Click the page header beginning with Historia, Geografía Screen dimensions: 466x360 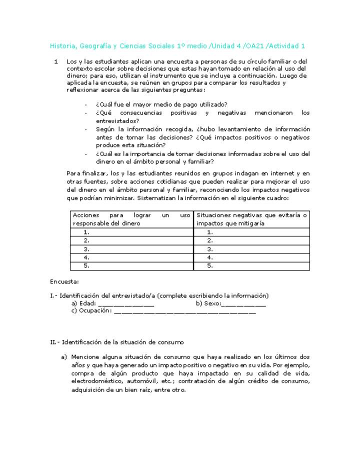coord(177,46)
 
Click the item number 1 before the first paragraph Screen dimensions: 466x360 coord(56,61)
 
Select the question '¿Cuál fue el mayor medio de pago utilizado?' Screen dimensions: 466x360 coord(161,104)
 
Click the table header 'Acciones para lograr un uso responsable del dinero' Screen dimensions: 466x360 coord(131,219)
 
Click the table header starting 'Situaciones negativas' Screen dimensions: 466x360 coord(252,219)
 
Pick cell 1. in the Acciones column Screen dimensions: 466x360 coord(87,232)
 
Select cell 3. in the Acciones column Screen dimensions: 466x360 coord(87,249)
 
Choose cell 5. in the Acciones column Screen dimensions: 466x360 coord(87,266)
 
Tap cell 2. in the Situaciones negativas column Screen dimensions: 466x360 coord(210,240)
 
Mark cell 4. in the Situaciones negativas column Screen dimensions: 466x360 coord(210,257)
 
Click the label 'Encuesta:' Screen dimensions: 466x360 coord(64,282)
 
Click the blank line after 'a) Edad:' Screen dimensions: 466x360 coord(126,303)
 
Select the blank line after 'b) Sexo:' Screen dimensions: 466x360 coord(243,303)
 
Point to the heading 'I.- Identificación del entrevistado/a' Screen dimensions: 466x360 coord(159,295)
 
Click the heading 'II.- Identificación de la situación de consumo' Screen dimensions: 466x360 coord(117,342)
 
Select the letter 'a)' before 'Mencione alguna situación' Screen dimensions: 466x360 coord(64,357)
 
